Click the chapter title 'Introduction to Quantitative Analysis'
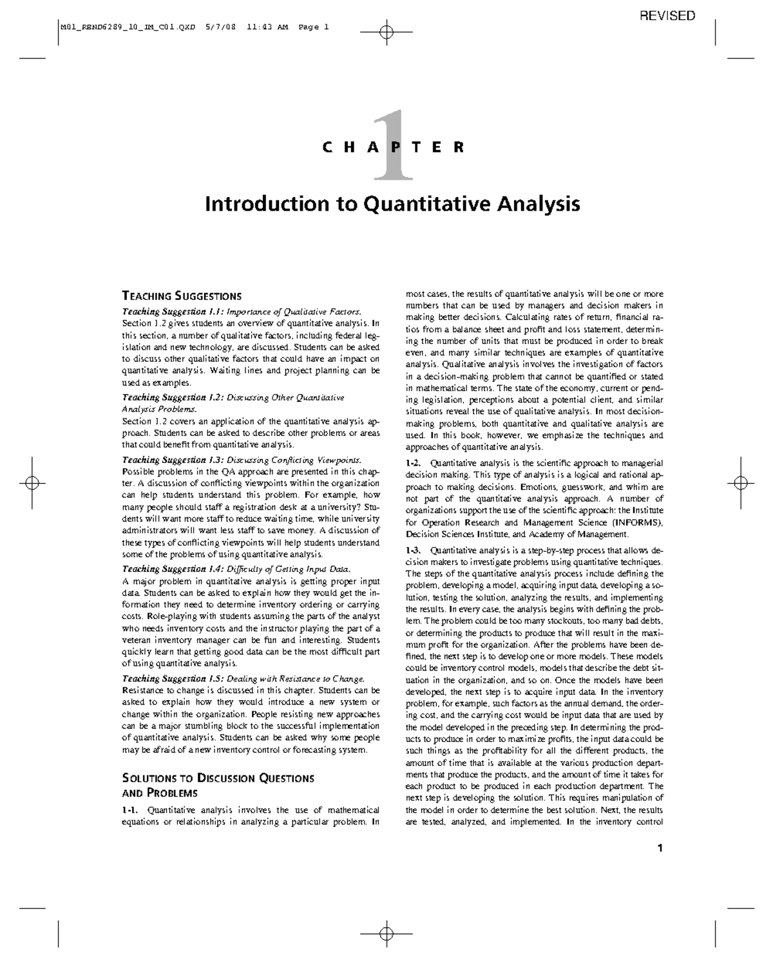[x=392, y=204]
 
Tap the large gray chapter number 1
[x=391, y=147]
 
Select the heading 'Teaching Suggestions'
[x=182, y=296]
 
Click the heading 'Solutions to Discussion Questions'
[x=218, y=778]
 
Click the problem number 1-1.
[x=131, y=810]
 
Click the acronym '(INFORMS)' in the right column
[x=636, y=522]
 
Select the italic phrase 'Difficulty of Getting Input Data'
[x=289, y=569]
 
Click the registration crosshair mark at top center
[x=386, y=31]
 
